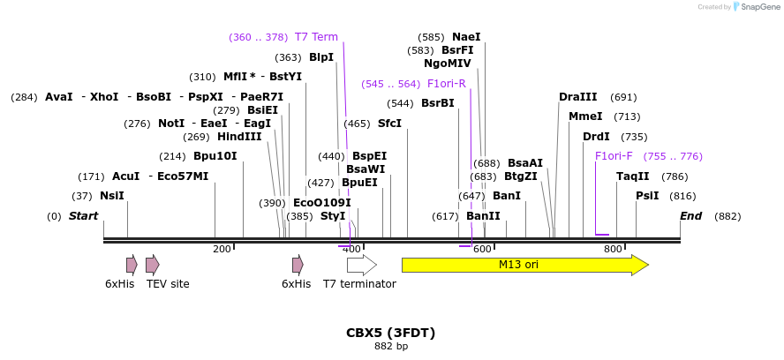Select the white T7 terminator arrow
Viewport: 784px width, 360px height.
point(361,265)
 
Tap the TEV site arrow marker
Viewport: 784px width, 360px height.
point(152,265)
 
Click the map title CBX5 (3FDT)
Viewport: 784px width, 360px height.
point(390,333)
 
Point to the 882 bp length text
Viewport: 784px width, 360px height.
point(390,347)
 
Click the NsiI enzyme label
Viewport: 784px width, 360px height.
point(111,196)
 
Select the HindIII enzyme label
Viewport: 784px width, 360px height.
point(239,137)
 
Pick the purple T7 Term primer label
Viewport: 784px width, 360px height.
point(316,37)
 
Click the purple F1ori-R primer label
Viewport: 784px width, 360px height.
point(446,84)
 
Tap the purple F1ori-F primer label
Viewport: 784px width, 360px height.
point(613,156)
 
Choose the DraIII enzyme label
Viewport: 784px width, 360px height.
point(577,97)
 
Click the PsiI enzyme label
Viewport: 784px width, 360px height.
point(647,196)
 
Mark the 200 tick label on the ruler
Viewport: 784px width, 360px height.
point(222,250)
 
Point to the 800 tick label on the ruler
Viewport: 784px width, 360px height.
point(613,250)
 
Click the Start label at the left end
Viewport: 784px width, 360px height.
point(83,216)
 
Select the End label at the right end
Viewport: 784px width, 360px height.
point(690,216)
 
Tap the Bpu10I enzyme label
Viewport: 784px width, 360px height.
point(215,156)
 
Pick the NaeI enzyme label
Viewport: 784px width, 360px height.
point(466,37)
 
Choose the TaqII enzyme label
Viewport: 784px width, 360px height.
point(632,176)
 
